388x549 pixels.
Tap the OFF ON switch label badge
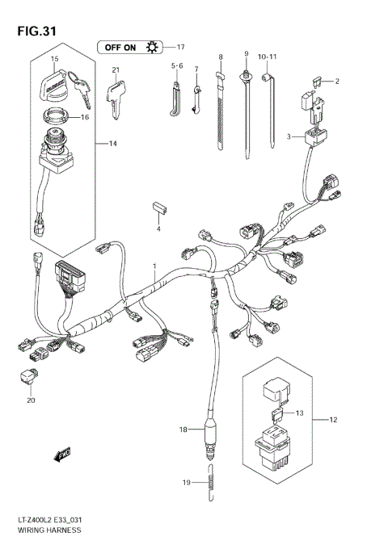point(129,47)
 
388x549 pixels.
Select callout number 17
point(180,47)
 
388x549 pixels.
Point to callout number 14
point(113,144)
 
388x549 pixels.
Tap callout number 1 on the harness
point(154,266)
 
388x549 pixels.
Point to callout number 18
point(183,430)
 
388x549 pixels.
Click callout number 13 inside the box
point(299,413)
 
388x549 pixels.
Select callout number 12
point(333,420)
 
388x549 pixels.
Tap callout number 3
point(288,138)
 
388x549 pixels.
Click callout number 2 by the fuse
point(337,82)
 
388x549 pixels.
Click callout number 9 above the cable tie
point(245,53)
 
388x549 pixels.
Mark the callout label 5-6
point(176,65)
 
